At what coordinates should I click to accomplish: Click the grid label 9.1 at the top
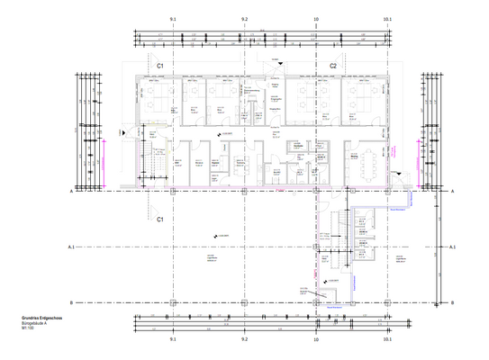click(172, 18)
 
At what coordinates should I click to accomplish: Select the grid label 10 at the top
click(315, 18)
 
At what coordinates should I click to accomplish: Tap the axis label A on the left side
click(69, 193)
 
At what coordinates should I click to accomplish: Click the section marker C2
click(332, 67)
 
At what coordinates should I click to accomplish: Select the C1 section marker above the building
click(160, 67)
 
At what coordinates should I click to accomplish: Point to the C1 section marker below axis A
click(160, 219)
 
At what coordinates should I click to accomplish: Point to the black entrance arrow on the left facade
click(125, 131)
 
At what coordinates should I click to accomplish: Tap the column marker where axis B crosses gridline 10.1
click(387, 302)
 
